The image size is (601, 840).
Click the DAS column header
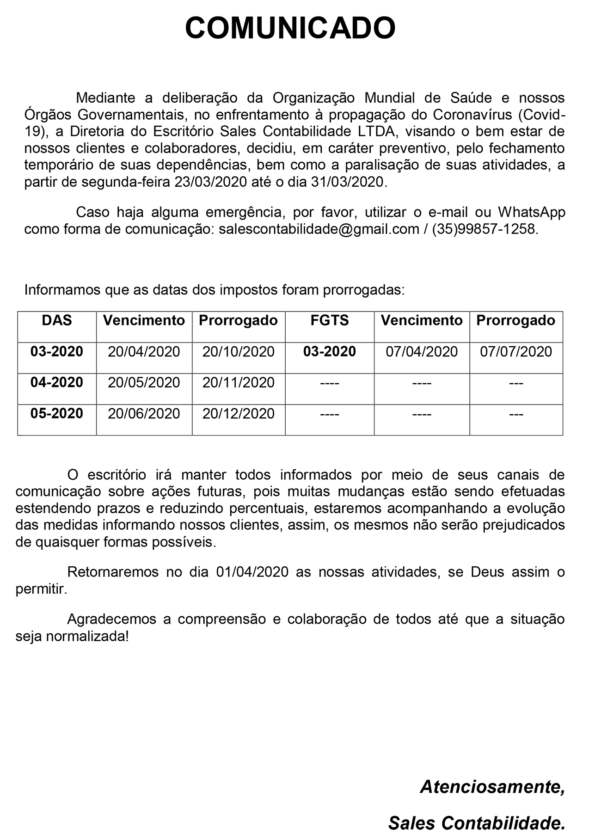[x=57, y=320]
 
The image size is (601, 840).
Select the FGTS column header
[x=330, y=320]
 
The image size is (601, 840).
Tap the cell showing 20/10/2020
[x=239, y=352]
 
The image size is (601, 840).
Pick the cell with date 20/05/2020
[x=144, y=383]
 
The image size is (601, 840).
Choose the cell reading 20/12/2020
[x=239, y=414]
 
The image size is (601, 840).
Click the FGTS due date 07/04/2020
[x=422, y=352]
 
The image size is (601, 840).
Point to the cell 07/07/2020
[x=516, y=352]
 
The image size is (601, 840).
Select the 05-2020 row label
[x=57, y=413]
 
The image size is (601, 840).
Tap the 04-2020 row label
[x=57, y=382]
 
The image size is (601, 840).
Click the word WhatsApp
[x=531, y=212]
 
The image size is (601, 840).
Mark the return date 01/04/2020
[x=252, y=572]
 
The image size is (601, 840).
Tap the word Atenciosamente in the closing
[x=492, y=787]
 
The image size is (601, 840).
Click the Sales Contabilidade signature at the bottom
[x=476, y=823]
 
